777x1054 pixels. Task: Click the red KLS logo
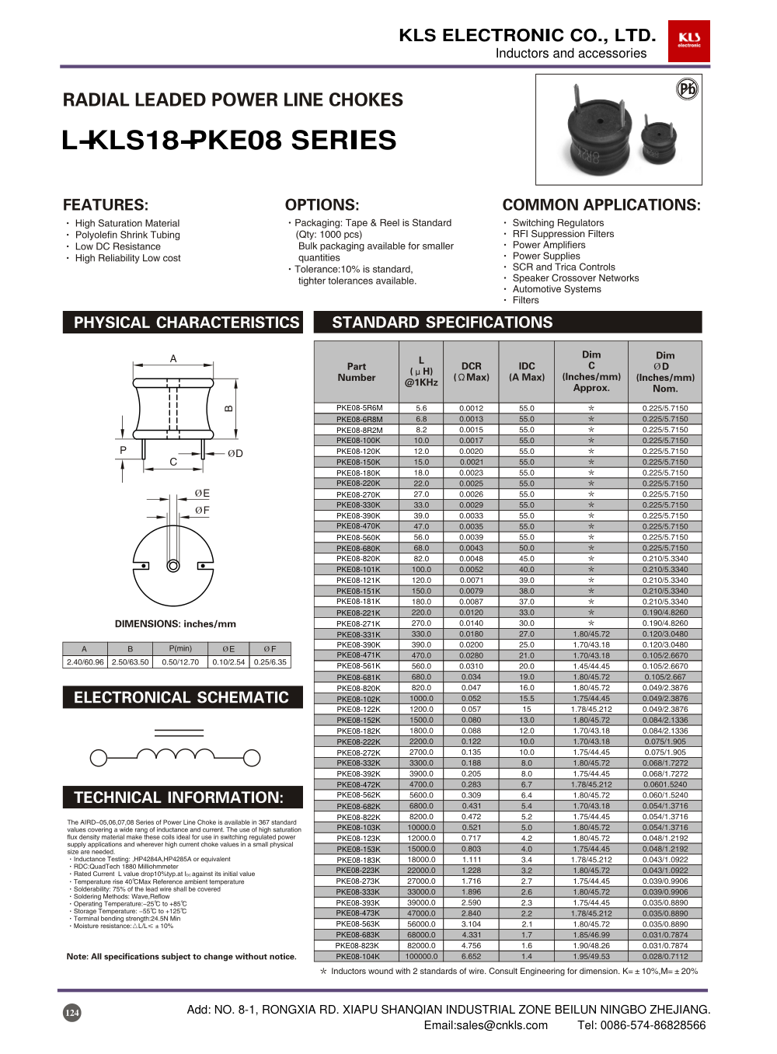pyautogui.click(x=688, y=40)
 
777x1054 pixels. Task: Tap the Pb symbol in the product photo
pyautogui.click(x=687, y=89)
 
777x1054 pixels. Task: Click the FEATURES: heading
pyautogui.click(x=106, y=205)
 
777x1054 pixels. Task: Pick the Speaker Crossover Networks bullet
pyautogui.click(x=575, y=278)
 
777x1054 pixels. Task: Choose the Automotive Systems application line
pyautogui.click(x=556, y=289)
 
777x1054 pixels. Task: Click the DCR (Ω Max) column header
pyautogui.click(x=471, y=372)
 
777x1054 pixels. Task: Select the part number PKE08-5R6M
pyautogui.click(x=359, y=408)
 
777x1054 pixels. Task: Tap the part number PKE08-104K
pyautogui.click(x=358, y=957)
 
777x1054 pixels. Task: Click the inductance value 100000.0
pyautogui.click(x=421, y=957)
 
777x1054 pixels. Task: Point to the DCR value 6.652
pyautogui.click(x=471, y=957)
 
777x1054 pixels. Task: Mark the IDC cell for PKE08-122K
pyautogui.click(x=527, y=710)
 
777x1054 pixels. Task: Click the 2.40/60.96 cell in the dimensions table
pyautogui.click(x=85, y=662)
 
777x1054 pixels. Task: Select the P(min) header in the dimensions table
pyautogui.click(x=180, y=649)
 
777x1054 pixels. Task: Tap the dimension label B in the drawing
pyautogui.click(x=228, y=408)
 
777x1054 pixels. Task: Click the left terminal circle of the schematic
pyautogui.click(x=99, y=757)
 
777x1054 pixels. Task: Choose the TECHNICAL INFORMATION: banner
pyautogui.click(x=179, y=797)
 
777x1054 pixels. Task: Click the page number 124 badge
pyautogui.click(x=71, y=1012)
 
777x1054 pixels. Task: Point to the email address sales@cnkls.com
pyautogui.click(x=485, y=1025)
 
